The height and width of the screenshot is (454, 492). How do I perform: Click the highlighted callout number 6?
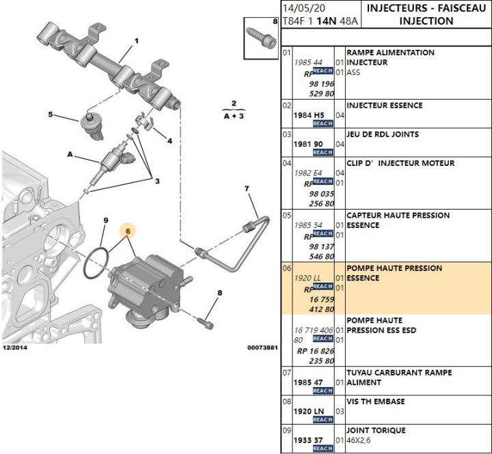pos(128,231)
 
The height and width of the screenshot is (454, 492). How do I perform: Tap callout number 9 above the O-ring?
pos(106,221)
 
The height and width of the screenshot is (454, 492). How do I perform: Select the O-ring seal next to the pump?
pos(96,263)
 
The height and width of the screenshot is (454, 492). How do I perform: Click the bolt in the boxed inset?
pos(261,38)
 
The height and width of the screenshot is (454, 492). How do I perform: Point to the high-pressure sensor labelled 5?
pos(92,126)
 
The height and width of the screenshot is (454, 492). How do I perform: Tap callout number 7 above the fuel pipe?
pos(247,188)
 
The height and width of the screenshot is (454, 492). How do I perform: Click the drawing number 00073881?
pos(262,347)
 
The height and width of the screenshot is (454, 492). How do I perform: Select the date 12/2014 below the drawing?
pos(15,347)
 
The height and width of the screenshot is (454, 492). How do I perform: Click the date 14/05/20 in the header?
pos(303,8)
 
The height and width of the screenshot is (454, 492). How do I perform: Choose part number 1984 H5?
pos(309,115)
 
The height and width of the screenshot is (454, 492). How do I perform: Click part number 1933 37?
pos(308,440)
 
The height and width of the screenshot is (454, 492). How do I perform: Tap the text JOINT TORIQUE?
pos(376,430)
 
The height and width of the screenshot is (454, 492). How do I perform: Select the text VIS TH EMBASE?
pos(376,401)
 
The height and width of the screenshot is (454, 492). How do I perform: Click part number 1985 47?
pos(308,382)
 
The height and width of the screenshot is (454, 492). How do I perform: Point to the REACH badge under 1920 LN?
pos(323,419)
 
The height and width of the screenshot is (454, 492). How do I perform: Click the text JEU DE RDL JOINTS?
pos(383,134)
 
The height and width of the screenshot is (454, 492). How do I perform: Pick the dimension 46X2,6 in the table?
pos(358,440)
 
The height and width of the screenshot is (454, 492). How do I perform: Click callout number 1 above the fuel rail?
pos(137,41)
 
